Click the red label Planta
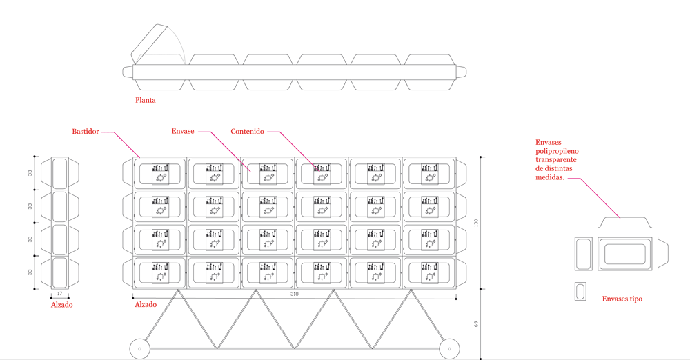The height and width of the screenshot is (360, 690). [146, 100]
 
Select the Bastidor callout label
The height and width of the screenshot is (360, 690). [86, 131]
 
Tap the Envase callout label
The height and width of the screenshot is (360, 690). [184, 131]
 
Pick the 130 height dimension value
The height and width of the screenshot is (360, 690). [475, 224]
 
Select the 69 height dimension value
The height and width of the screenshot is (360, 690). [475, 323]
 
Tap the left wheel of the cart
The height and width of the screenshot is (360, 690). [141, 349]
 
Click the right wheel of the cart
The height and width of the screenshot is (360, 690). [450, 349]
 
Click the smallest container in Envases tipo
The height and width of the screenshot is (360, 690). [580, 291]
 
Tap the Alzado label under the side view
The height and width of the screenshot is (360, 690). [61, 304]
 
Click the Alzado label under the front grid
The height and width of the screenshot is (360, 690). [145, 304]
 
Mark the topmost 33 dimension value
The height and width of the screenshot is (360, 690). [30, 172]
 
